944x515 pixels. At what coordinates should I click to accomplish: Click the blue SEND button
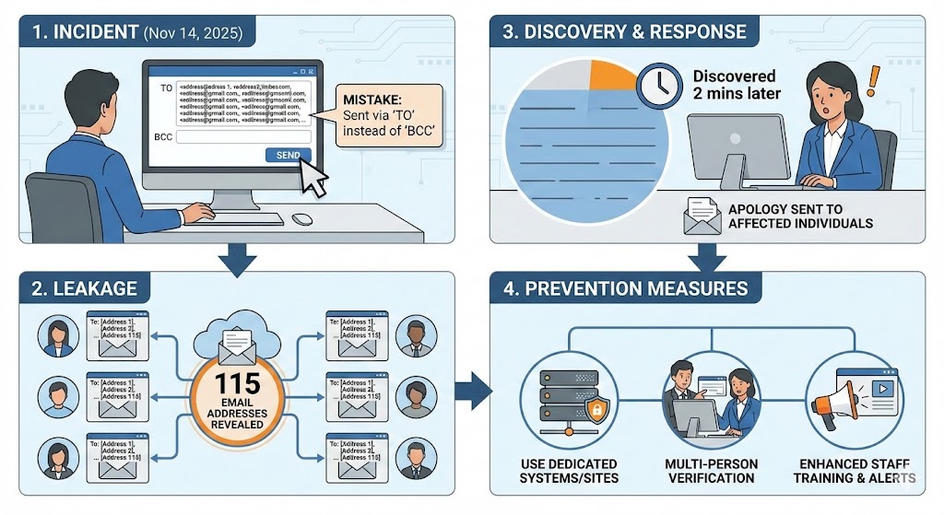click(x=288, y=156)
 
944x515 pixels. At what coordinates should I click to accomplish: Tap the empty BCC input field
click(x=243, y=137)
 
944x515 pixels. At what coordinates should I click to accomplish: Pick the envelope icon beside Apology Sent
click(x=702, y=216)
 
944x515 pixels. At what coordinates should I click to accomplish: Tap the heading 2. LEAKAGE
click(x=86, y=289)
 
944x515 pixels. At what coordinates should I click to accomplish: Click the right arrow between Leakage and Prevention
click(x=473, y=391)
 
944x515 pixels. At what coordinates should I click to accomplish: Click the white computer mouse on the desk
click(x=303, y=219)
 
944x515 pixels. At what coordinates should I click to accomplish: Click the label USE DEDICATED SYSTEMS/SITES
click(x=569, y=470)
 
